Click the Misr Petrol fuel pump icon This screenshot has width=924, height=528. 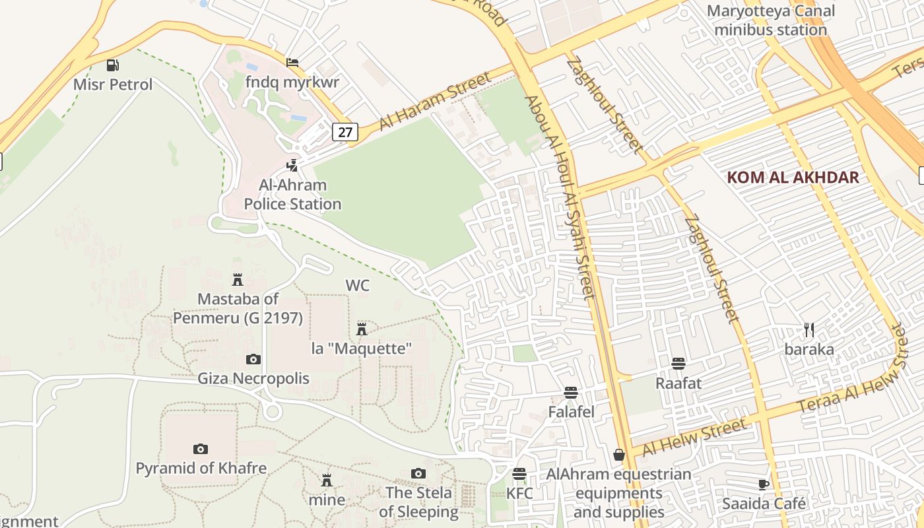pos(113,65)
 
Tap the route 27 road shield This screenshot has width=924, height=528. pos(345,132)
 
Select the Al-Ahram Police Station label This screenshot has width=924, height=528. pos(292,195)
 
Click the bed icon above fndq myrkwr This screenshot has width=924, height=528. pos(292,63)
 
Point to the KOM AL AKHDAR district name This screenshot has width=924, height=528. pos(793,177)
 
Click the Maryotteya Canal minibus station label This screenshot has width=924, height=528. pos(770,20)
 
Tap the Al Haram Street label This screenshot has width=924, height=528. pos(436,102)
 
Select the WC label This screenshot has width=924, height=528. pos(358,285)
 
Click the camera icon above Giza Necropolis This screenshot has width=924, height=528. pos(253,359)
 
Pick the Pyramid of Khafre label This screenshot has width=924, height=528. pos(201,468)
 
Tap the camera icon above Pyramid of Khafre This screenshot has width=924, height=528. pos(201,449)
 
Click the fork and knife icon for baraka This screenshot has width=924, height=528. pos(809,329)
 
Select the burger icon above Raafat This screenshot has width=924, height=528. pos(678,363)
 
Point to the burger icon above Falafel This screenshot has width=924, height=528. pos(572,392)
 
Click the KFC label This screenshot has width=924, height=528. pos(519,493)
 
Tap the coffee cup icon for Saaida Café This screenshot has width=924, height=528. pos(764,484)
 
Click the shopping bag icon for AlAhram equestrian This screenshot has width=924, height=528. pos(619,455)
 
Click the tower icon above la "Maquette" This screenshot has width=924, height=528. pos(362,329)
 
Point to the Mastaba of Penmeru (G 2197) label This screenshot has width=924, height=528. pos(238,308)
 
